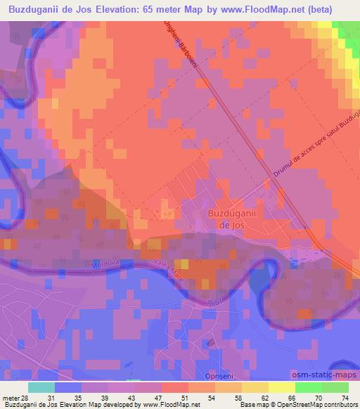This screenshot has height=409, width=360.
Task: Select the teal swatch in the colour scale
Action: click(41, 387)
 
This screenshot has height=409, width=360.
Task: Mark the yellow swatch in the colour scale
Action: click(281, 387)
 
